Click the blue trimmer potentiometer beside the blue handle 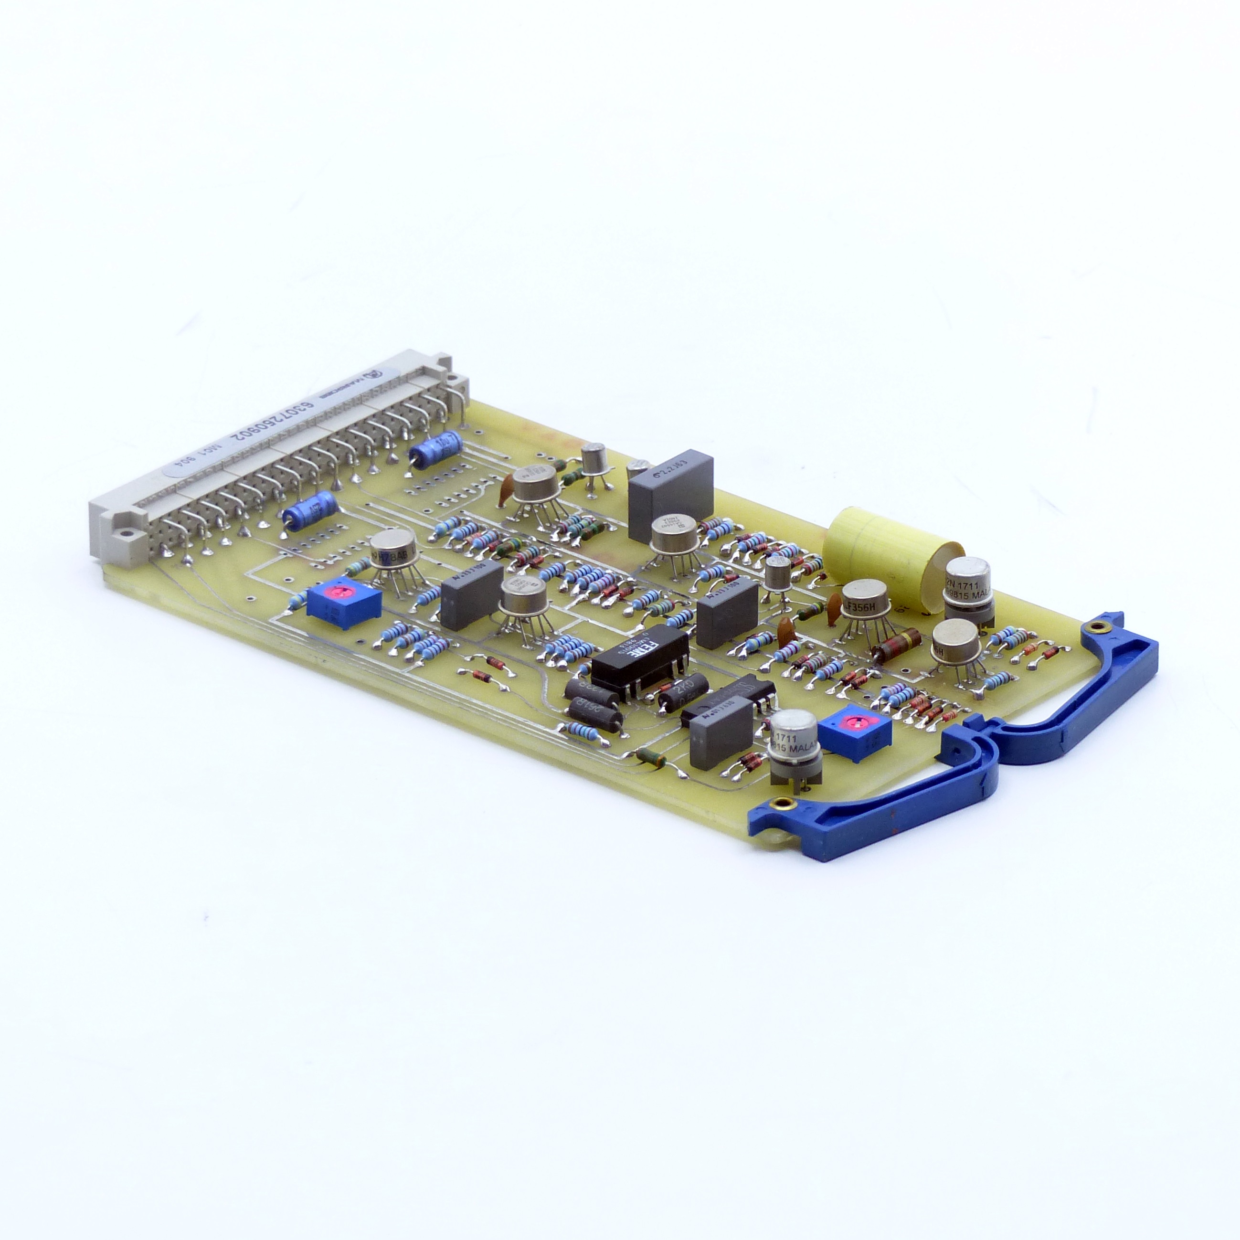click(854, 733)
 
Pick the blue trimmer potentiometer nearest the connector click(343, 601)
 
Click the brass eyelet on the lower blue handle click(781, 803)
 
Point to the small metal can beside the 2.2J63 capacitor click(595, 458)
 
